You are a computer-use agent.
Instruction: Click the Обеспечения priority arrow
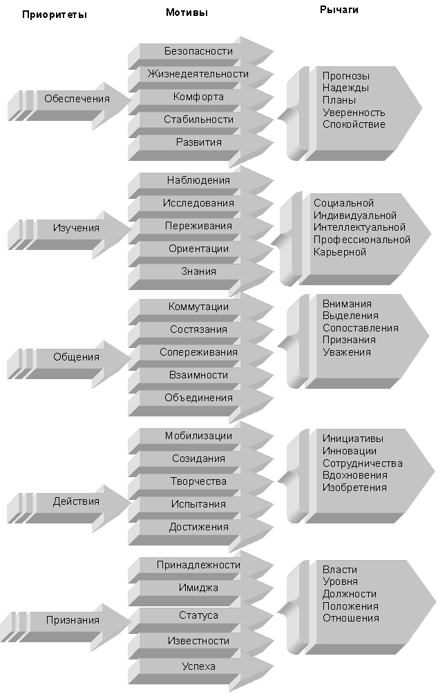point(77,99)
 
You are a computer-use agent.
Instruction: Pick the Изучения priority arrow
point(77,227)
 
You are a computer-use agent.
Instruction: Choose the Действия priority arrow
point(76,501)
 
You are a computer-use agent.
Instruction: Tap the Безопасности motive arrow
point(198,51)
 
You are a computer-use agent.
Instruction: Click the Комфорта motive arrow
point(198,97)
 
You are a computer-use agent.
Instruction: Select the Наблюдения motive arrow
point(198,180)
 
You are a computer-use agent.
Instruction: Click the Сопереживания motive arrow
point(198,352)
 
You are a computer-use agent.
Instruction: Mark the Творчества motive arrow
point(198,481)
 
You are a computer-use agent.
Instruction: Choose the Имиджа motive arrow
point(198,588)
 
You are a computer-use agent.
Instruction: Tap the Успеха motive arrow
point(198,666)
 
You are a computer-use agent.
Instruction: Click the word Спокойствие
point(354,124)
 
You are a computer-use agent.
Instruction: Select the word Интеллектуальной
point(359,227)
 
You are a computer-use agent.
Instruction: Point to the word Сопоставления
point(360,328)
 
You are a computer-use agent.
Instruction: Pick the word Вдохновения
point(354,475)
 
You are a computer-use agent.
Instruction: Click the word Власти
point(339,570)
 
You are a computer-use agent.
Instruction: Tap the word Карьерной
point(339,252)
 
